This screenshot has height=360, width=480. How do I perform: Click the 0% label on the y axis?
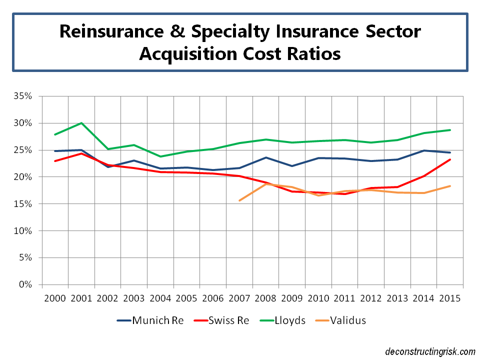pyautogui.click(x=26, y=285)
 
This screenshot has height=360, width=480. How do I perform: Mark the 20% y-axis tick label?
pyautogui.click(x=24, y=177)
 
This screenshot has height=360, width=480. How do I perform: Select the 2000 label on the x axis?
pyautogui.click(x=55, y=298)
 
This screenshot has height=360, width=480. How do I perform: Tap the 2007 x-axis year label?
pyautogui.click(x=239, y=298)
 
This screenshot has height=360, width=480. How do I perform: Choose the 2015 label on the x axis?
pyautogui.click(x=450, y=298)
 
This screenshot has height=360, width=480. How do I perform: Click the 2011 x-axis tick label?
pyautogui.click(x=345, y=298)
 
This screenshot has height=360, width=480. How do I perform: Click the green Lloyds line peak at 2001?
pyautogui.click(x=81, y=123)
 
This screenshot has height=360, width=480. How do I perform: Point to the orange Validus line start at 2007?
pyautogui.click(x=239, y=200)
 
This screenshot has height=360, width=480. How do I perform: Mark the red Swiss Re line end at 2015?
pyautogui.click(x=450, y=159)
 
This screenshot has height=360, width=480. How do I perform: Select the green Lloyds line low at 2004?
pyautogui.click(x=160, y=156)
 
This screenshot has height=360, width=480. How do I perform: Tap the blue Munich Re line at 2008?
pyautogui.click(x=265, y=157)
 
